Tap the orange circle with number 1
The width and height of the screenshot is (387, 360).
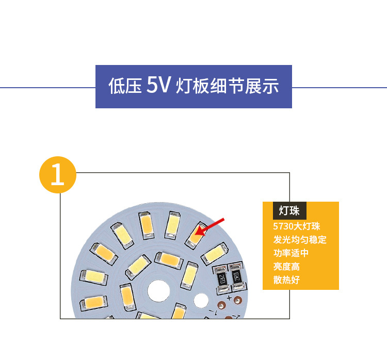point(58,174)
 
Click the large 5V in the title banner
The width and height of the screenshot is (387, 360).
point(157,86)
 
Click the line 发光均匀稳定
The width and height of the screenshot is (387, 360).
point(300,240)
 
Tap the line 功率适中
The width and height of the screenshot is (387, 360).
point(291,253)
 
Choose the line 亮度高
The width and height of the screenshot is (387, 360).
point(286,267)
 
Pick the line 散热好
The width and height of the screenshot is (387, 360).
point(286,280)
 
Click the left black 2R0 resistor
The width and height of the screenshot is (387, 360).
point(222,279)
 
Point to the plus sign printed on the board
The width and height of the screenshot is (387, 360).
point(228,298)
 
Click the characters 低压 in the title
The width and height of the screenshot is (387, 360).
point(125,86)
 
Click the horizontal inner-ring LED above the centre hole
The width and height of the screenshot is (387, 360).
point(169,260)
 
